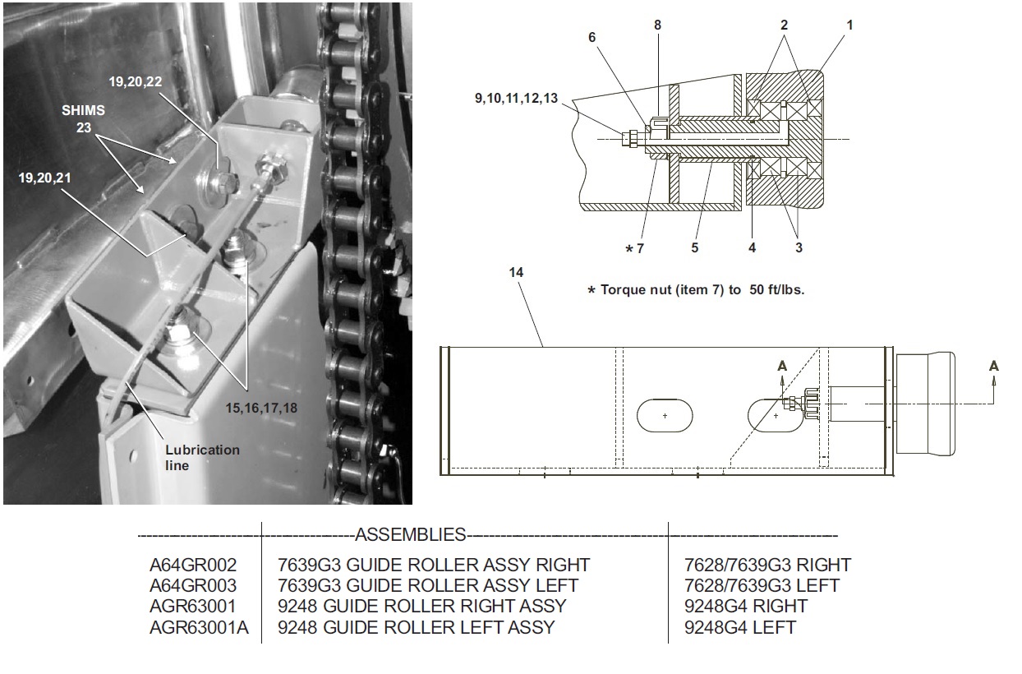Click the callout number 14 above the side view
point(516,271)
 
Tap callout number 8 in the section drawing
point(657,25)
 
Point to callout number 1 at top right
point(849,25)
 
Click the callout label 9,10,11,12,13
point(515,98)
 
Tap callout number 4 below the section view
point(752,247)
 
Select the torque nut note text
point(696,290)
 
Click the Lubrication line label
point(202,457)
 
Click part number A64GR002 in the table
point(192,565)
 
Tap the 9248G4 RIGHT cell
point(745,607)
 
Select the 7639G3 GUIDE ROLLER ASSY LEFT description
point(428,586)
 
